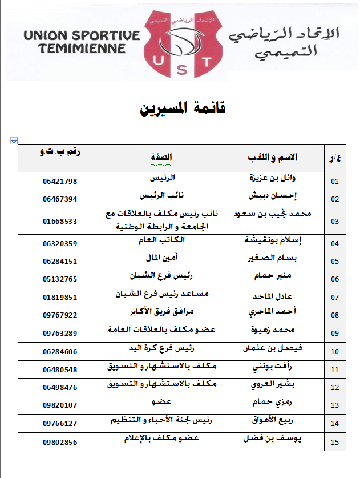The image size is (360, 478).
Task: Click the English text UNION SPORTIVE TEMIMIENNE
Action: (82, 41)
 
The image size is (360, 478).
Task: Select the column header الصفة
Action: (161, 158)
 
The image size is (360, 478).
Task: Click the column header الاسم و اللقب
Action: (273, 158)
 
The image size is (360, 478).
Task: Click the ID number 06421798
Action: (59, 182)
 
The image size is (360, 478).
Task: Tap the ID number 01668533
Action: (59, 221)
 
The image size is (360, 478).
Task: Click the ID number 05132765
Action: (59, 279)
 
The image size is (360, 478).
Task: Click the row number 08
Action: (334, 315)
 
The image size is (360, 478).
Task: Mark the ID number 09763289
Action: (59, 333)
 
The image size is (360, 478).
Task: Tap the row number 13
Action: (334, 405)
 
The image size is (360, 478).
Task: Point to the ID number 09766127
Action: (59, 423)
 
